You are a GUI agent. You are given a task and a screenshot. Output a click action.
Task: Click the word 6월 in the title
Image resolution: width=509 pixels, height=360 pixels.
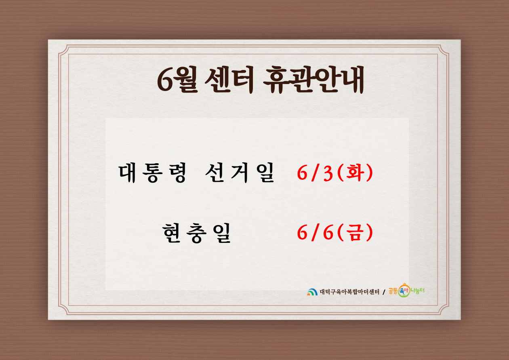click(x=177, y=79)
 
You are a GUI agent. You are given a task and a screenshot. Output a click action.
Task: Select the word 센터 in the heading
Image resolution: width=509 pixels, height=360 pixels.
click(x=229, y=79)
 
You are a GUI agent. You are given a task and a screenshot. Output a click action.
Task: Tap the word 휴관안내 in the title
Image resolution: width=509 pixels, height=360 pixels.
click(x=313, y=79)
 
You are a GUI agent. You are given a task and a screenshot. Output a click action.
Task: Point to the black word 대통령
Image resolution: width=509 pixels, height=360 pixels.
click(x=152, y=173)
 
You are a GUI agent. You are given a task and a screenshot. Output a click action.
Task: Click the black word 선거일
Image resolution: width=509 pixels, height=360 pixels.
click(x=240, y=173)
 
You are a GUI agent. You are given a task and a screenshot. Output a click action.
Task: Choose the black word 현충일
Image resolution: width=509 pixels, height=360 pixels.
click(x=196, y=233)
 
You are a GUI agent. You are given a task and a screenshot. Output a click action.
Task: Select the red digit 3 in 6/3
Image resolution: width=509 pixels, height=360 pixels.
click(x=328, y=174)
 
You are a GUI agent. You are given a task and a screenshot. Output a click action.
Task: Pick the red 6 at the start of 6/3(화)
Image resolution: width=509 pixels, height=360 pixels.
click(x=303, y=174)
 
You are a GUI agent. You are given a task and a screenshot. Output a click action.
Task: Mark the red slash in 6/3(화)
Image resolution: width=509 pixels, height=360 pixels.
click(x=315, y=173)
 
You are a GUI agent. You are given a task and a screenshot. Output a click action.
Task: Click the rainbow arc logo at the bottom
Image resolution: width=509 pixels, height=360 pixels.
click(x=312, y=292)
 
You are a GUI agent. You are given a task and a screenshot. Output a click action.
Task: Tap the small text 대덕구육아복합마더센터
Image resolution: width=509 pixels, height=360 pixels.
click(x=349, y=292)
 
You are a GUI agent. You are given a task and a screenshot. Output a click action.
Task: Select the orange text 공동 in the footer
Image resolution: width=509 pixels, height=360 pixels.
click(x=393, y=291)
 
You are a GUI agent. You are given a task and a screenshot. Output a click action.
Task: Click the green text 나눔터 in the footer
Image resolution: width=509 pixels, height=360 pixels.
click(x=417, y=291)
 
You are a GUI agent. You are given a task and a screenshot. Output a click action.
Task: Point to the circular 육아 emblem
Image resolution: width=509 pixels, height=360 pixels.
click(x=404, y=291)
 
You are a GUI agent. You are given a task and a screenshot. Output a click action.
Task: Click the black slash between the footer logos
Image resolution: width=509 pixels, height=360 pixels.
click(x=384, y=292)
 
